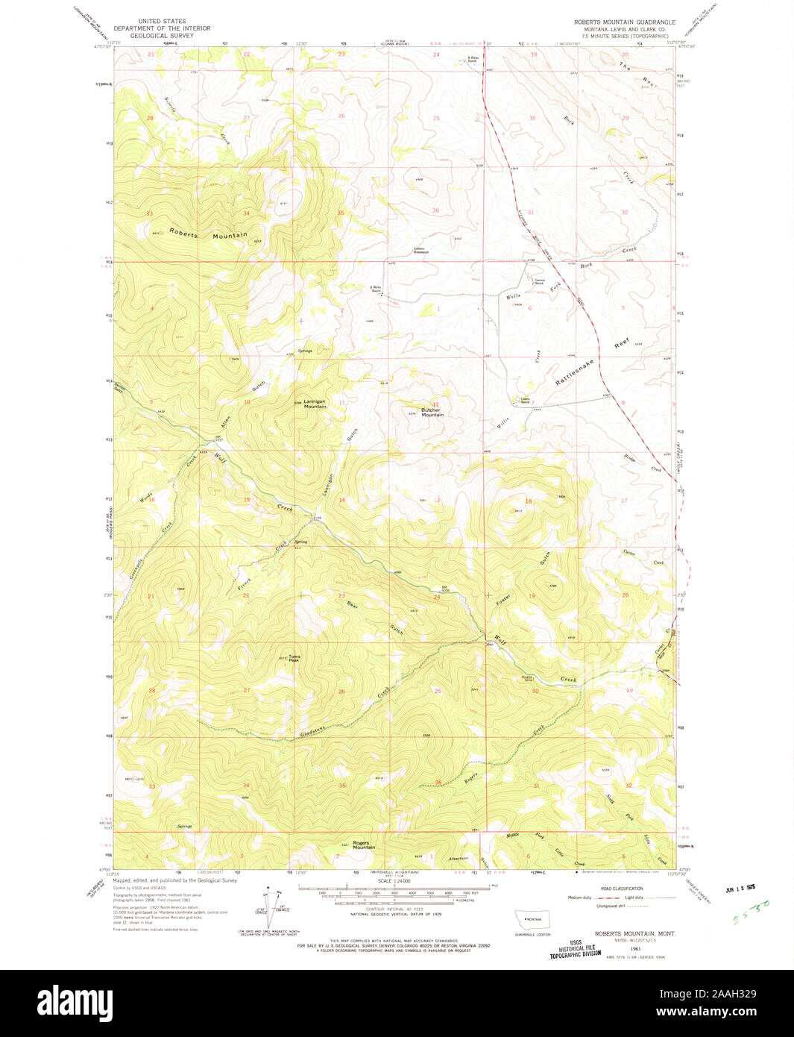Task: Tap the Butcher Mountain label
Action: click(432, 413)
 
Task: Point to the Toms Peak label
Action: click(294, 659)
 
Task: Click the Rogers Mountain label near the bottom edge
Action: click(363, 846)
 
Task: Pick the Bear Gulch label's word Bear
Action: click(353, 606)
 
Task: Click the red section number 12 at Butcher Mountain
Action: click(437, 404)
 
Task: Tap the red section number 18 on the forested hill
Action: click(528, 501)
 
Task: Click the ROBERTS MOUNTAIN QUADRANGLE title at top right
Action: click(624, 22)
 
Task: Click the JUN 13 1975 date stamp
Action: click(742, 889)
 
